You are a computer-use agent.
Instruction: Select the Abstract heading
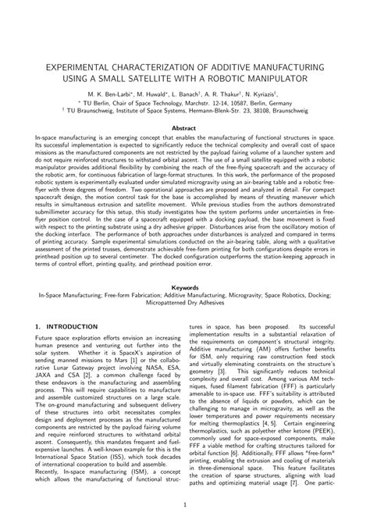184,127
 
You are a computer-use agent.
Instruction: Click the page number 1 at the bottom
184,506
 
